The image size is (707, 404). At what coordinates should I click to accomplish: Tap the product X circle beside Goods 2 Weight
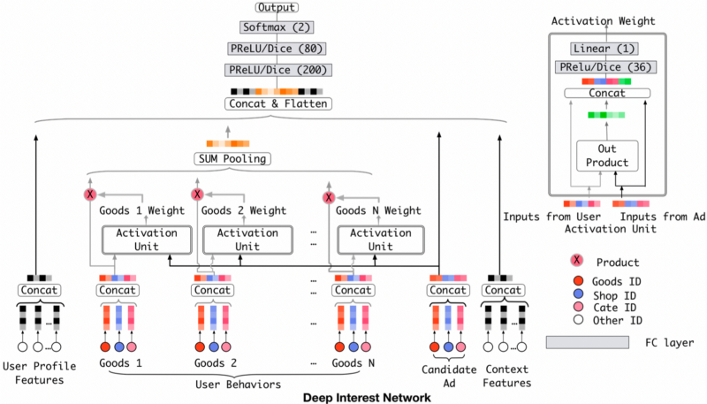coord(197,194)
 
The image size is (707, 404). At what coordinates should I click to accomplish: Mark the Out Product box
coord(600,156)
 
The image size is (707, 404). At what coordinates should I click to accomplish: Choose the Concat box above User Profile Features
coord(39,290)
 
